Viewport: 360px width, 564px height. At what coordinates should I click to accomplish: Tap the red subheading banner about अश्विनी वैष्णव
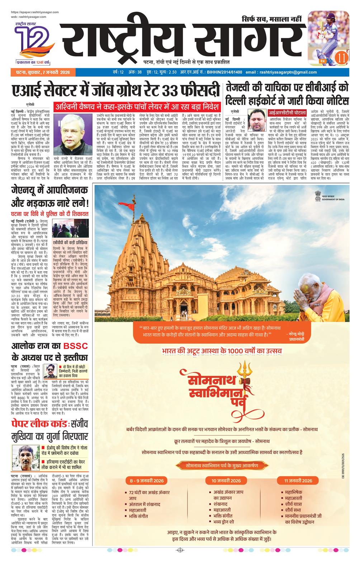click(x=136, y=107)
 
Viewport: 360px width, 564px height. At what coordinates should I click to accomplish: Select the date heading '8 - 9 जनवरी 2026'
click(x=146, y=481)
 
